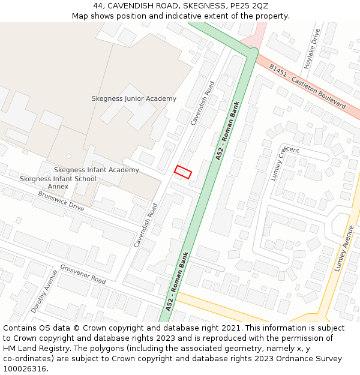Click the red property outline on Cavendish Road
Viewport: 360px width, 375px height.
183,172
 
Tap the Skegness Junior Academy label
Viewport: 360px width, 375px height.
134,98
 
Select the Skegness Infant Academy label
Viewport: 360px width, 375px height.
97,170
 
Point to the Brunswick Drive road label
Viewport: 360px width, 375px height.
61,200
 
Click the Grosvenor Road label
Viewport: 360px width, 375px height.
83,274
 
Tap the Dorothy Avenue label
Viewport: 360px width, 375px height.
44,292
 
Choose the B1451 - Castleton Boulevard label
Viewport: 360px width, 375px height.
307,86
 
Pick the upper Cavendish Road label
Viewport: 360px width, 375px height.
202,103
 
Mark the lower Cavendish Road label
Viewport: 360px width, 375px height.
146,225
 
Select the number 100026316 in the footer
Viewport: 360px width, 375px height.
23,368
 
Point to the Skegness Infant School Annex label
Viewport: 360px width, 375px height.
58,182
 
